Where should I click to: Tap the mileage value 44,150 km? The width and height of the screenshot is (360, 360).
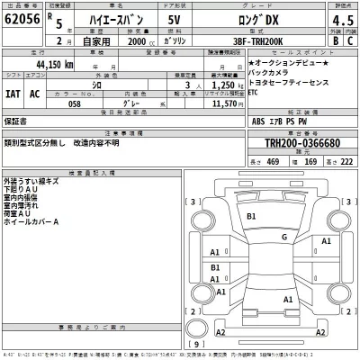tap(56, 65)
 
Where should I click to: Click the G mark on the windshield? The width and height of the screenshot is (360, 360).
tap(283, 237)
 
